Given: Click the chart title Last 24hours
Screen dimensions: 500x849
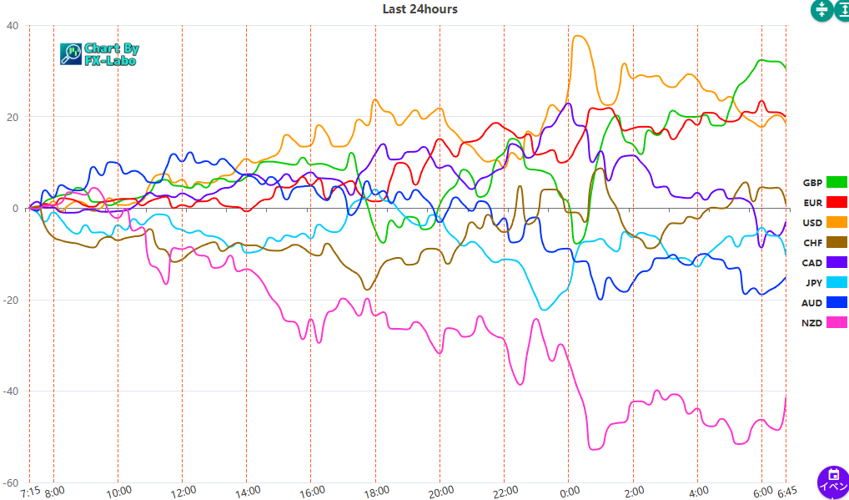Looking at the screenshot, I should (x=419, y=9).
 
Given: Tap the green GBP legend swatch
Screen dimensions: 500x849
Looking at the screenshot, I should (x=836, y=182).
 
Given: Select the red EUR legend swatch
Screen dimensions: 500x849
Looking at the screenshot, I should (x=836, y=202).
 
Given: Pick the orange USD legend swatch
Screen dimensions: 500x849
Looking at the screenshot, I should (x=836, y=222).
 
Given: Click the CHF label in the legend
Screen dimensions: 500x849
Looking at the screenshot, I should (x=812, y=242).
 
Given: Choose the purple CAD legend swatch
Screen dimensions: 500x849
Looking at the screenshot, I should (x=836, y=262).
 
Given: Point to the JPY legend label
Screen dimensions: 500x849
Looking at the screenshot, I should (x=813, y=282).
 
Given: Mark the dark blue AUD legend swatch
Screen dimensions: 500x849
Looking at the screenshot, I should (x=836, y=302).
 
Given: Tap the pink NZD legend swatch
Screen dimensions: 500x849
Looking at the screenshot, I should (x=836, y=322).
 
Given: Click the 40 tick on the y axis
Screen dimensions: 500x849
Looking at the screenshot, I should (x=12, y=25).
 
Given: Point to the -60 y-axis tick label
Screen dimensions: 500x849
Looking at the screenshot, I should (x=10, y=482).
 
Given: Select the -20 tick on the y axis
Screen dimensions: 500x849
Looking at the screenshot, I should (x=10, y=300).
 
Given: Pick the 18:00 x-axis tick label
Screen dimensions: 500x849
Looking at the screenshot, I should (x=375, y=492).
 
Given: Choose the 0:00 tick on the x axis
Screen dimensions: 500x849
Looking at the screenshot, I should (x=569, y=492).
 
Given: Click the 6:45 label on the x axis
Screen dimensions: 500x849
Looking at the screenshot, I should (x=787, y=492).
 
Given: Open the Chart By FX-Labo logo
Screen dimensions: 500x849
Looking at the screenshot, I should (x=98, y=54).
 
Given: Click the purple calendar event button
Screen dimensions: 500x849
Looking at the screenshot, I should (x=832, y=482).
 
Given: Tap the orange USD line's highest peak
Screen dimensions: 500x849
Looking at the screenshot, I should (x=577, y=36).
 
